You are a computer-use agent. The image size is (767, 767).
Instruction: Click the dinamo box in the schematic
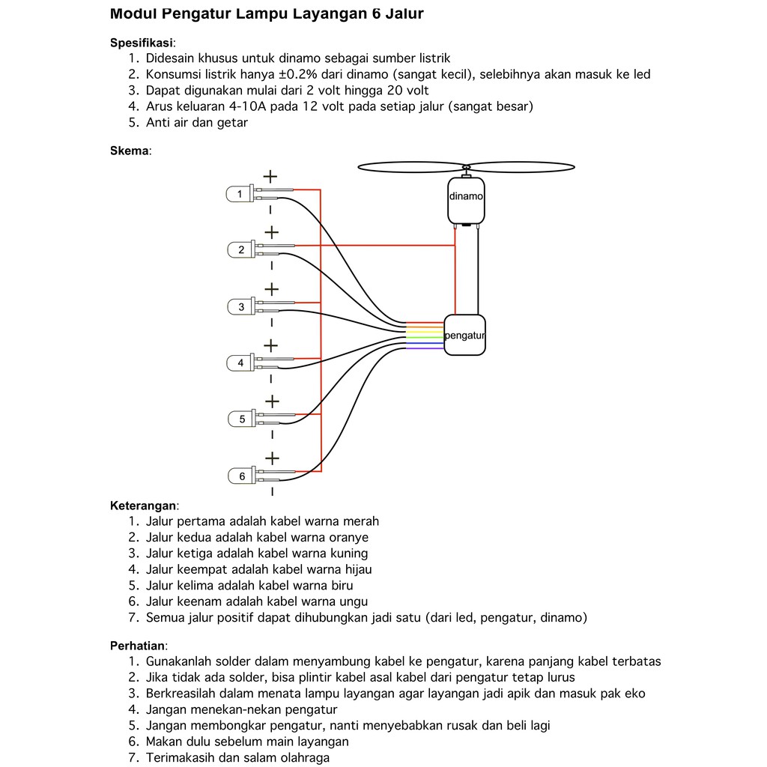(x=465, y=200)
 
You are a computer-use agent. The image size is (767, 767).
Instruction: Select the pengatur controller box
(x=464, y=335)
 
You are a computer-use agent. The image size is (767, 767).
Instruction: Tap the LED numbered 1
(x=240, y=194)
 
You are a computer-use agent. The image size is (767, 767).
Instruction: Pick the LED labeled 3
(x=241, y=306)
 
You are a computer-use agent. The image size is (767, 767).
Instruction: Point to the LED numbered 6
(x=242, y=476)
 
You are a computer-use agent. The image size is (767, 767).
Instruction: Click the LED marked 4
(x=240, y=363)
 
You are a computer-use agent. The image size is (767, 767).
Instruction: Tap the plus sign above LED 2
(x=271, y=232)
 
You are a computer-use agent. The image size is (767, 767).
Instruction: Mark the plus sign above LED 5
(x=271, y=401)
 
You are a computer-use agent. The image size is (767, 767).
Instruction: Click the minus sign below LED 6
(x=271, y=492)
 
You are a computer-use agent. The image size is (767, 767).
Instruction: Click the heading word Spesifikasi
(x=142, y=42)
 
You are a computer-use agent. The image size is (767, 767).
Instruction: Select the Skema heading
(x=129, y=151)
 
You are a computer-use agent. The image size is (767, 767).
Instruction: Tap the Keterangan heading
(x=144, y=505)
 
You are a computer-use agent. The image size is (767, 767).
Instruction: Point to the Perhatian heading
(x=138, y=645)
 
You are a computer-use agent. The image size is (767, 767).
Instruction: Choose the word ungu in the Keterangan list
(x=351, y=601)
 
